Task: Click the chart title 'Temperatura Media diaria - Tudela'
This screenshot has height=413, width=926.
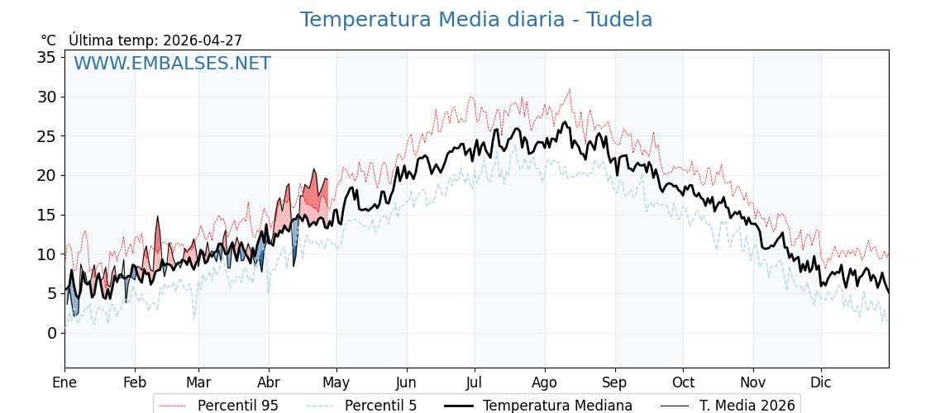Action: [475, 20]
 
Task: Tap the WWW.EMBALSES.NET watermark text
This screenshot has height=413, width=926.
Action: [172, 64]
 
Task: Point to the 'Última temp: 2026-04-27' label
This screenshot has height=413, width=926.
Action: [155, 40]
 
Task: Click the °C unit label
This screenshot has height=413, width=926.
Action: [49, 40]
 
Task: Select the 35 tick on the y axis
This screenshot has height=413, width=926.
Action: [46, 57]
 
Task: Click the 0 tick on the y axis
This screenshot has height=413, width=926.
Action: [51, 333]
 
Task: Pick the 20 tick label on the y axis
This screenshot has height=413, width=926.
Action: [46, 175]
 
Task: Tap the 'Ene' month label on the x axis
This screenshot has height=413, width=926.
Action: [64, 382]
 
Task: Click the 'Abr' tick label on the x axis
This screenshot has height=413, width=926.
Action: [269, 382]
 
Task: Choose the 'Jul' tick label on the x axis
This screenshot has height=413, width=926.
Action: [475, 382]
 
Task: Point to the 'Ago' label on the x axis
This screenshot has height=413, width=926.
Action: [545, 382]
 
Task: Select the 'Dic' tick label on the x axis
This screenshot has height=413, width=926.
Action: [821, 382]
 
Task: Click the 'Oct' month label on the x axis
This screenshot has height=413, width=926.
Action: [683, 382]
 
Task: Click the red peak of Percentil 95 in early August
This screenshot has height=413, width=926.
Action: [569, 89]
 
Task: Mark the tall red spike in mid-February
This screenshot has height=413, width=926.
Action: [157, 217]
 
